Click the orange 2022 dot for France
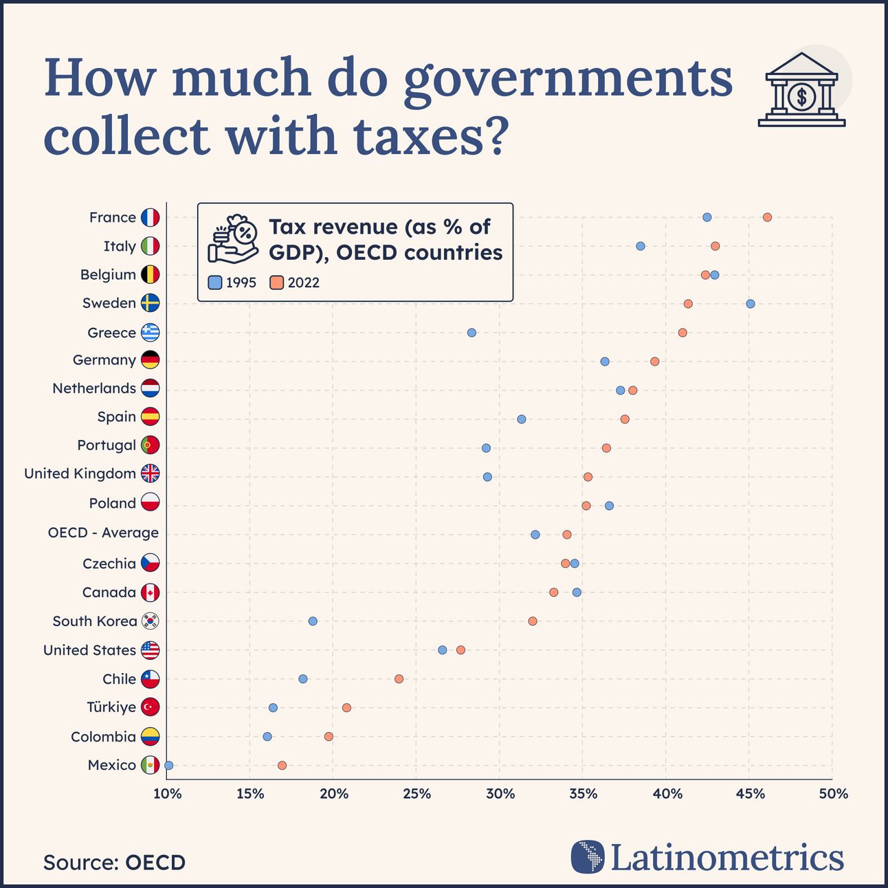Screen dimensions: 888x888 pyautogui.click(x=767, y=217)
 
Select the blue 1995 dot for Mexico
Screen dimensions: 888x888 pyautogui.click(x=169, y=765)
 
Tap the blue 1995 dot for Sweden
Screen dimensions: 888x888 pyautogui.click(x=750, y=304)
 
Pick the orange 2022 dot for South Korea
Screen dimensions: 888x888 pyautogui.click(x=533, y=621)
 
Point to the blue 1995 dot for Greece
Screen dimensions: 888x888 pyautogui.click(x=471, y=333)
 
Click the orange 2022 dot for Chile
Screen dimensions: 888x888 pyautogui.click(x=399, y=679)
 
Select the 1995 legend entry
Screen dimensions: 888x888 pyautogui.click(x=232, y=282)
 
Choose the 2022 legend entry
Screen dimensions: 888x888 pyautogui.click(x=295, y=282)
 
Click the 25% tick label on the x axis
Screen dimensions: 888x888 pyautogui.click(x=417, y=794)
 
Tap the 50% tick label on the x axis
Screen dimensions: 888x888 pyautogui.click(x=833, y=794)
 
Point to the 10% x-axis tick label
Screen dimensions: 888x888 pyautogui.click(x=167, y=794)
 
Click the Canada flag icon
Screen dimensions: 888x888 pyautogui.click(x=150, y=592)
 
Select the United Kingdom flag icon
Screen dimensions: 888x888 pyautogui.click(x=150, y=474)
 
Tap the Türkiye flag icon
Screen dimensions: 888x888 pyautogui.click(x=150, y=707)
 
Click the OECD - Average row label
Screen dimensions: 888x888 pyautogui.click(x=103, y=533)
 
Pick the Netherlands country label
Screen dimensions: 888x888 pyautogui.click(x=94, y=388)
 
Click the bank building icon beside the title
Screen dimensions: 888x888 pyautogui.click(x=801, y=90)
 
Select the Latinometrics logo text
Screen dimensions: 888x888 pyautogui.click(x=726, y=858)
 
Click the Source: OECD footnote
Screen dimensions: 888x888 pyautogui.click(x=114, y=863)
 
